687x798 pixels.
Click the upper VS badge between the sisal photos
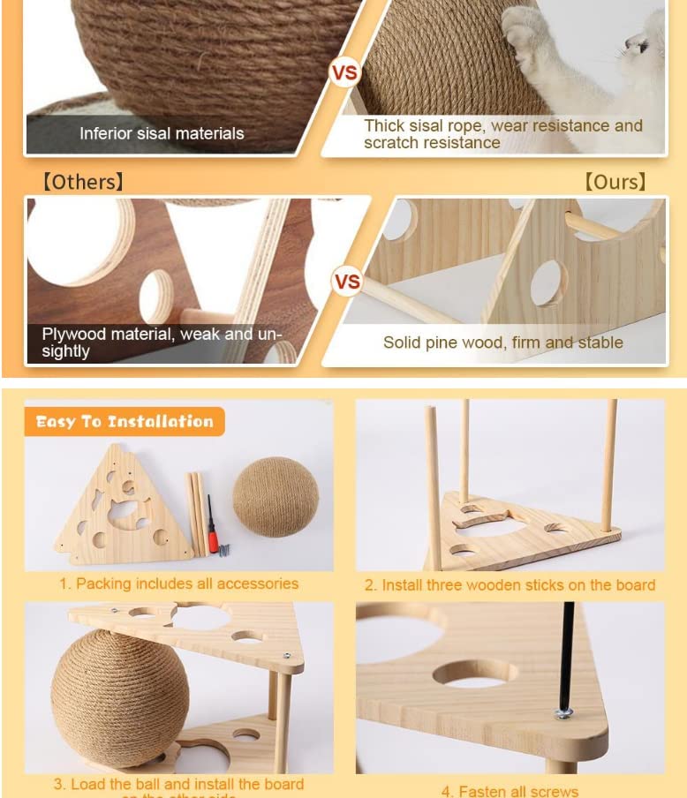point(344,72)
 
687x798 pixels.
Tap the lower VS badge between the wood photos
point(347,282)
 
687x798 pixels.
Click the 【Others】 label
point(82,182)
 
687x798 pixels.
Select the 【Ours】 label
point(615,182)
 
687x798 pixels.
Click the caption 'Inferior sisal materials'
point(162,133)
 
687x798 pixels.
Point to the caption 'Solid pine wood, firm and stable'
point(502,343)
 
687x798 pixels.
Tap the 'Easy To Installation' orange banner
point(125,422)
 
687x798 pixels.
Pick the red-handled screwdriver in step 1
point(212,527)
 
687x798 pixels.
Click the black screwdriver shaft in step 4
point(566,653)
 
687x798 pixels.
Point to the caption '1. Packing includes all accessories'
point(178,583)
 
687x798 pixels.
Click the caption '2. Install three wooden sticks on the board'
point(510,585)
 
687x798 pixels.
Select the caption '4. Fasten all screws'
point(510,791)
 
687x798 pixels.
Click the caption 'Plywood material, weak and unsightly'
point(162,343)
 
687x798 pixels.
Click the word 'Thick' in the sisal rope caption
point(383,126)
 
